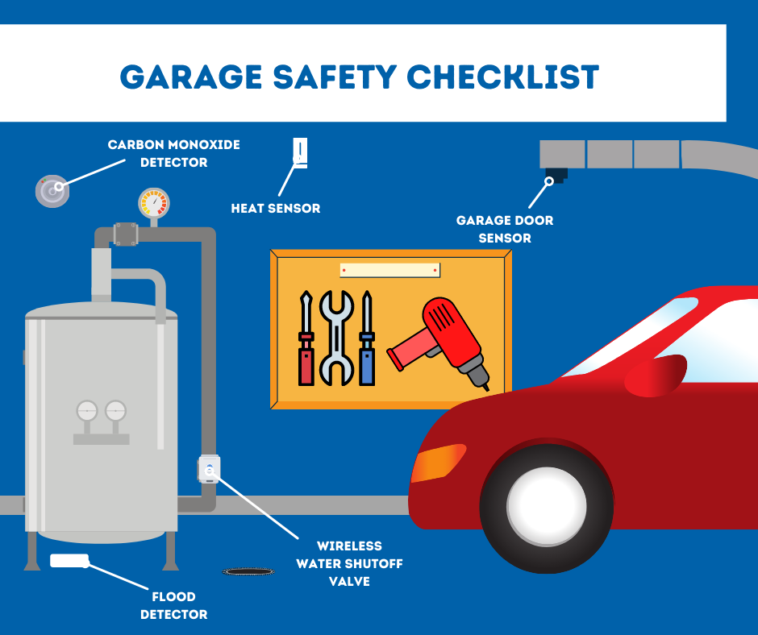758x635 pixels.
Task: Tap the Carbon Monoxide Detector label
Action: click(174, 154)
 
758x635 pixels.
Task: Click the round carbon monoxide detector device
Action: click(52, 191)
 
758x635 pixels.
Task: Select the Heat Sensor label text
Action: click(276, 209)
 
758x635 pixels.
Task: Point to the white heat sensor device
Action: click(299, 153)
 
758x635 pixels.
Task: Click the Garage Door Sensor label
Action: click(505, 229)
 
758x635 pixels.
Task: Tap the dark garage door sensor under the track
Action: click(556, 173)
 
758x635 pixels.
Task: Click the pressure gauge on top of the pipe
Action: click(154, 204)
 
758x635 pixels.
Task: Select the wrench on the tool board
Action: click(336, 337)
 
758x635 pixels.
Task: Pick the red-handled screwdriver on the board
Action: click(306, 338)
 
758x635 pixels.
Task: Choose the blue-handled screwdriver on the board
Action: click(367, 338)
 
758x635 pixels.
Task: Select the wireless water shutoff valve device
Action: click(209, 468)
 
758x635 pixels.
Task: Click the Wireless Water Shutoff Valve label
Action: click(349, 563)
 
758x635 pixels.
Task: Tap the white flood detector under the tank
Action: click(69, 560)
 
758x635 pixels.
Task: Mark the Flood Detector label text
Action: click(174, 606)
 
